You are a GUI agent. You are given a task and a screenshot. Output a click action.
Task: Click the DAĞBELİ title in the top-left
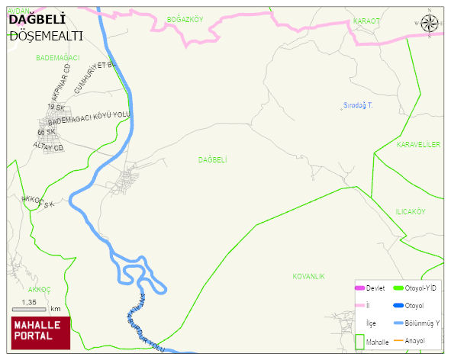tap(36, 20)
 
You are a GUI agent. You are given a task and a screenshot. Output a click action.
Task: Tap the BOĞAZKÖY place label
tap(185, 20)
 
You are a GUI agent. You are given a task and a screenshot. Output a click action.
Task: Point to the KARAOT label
tap(366, 21)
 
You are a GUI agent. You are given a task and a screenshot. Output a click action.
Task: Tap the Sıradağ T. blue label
tap(357, 104)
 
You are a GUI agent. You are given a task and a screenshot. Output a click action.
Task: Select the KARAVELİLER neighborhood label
tap(418, 144)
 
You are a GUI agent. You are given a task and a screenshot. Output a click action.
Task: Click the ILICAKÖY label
tap(410, 211)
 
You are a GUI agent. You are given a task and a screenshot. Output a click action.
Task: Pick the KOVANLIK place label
tap(308, 275)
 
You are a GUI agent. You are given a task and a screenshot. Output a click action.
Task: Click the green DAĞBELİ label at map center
tap(213, 159)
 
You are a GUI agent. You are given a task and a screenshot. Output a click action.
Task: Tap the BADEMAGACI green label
tap(57, 57)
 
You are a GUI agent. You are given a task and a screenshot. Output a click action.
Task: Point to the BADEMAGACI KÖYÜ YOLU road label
tap(90, 118)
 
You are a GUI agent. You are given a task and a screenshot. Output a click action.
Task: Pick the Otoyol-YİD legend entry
tap(411, 288)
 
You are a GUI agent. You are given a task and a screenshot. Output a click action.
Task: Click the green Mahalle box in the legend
tap(359, 342)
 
